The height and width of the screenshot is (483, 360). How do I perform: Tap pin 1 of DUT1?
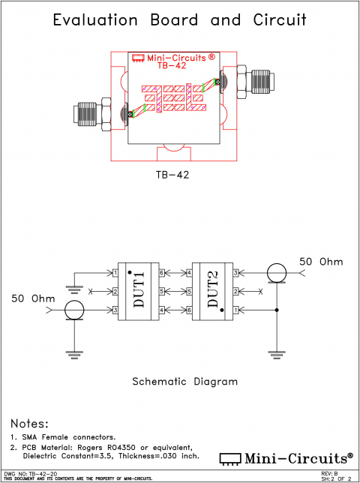115,273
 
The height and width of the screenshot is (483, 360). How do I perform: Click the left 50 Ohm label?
34,299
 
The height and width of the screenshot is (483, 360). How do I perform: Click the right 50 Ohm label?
321,262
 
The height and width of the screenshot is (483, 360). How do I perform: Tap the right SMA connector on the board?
254,79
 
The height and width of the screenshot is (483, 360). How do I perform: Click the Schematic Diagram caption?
184,381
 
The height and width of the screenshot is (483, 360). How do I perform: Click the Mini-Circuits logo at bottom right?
286,457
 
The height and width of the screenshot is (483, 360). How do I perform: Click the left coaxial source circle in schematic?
74,309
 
